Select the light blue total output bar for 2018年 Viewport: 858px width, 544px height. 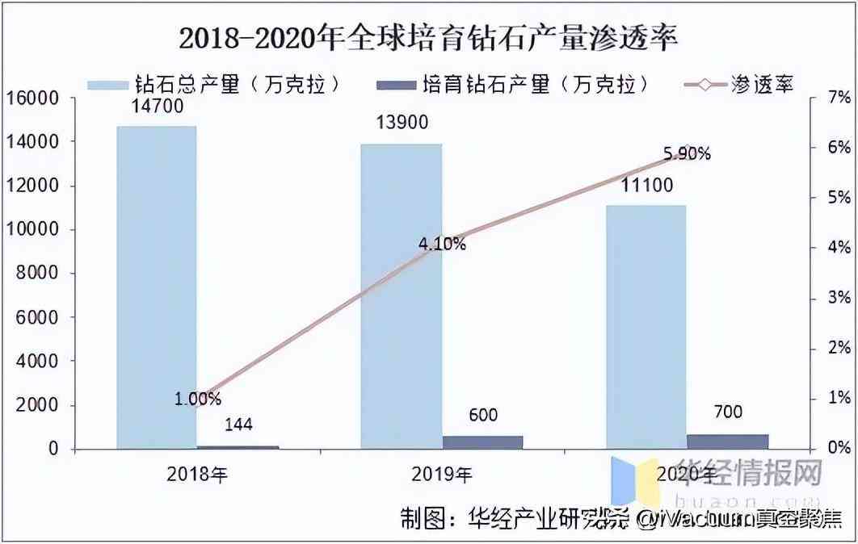157,287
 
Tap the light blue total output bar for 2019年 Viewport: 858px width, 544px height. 402,295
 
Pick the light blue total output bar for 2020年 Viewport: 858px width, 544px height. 646,326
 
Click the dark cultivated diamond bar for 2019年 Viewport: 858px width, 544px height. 482,441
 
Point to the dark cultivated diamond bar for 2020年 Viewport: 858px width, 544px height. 727,441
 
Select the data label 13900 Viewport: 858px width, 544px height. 402,123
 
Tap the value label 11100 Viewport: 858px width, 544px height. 646,186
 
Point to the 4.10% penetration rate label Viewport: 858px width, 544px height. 441,244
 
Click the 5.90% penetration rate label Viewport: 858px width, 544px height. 686,153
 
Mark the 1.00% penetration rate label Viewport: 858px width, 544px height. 197,398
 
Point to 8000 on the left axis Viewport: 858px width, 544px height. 36,274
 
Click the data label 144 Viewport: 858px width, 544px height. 238,425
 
